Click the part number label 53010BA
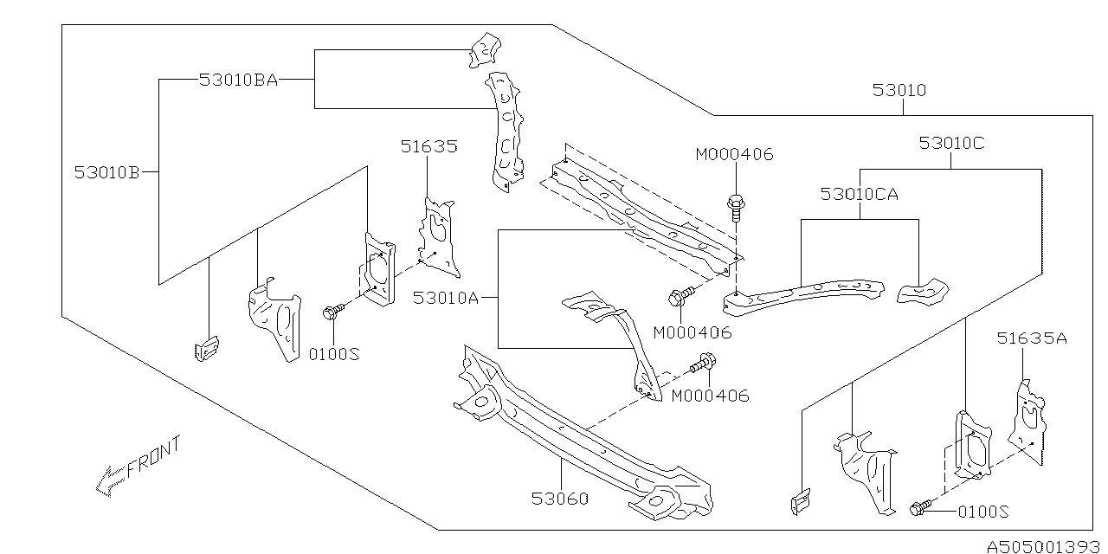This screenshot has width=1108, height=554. (x=238, y=80)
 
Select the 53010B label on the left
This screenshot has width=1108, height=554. (x=107, y=172)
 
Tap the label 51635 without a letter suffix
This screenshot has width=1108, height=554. (x=428, y=146)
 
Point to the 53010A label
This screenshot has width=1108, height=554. (x=446, y=298)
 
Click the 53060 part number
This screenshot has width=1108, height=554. (x=560, y=499)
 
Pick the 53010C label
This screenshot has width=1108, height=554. (x=951, y=144)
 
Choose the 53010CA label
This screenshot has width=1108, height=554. (x=860, y=194)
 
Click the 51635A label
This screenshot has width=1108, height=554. (x=1032, y=338)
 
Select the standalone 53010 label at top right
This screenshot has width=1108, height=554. (x=899, y=90)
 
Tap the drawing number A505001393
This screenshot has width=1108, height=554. (x=1043, y=546)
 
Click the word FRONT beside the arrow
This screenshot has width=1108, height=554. (x=154, y=457)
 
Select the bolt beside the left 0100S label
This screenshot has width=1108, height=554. (x=333, y=311)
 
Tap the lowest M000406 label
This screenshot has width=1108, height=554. (x=710, y=396)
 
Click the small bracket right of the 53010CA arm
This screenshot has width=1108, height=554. (x=923, y=293)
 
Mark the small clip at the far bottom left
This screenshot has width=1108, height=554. (x=207, y=349)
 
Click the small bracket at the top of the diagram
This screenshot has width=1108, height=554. (x=485, y=50)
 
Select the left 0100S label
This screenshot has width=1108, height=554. (x=334, y=354)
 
